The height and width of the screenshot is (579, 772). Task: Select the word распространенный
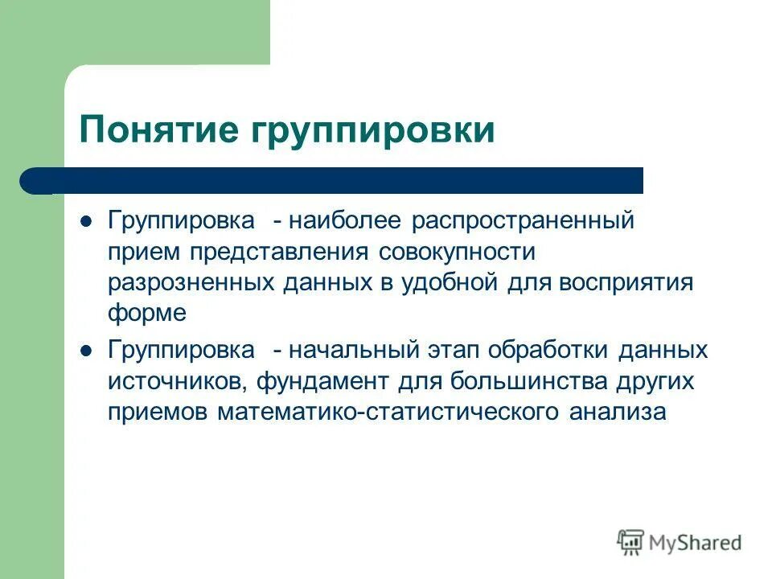pos(524,221)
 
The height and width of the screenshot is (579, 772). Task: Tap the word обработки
pos(548,351)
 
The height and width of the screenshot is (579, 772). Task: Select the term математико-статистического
pos(389,412)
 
